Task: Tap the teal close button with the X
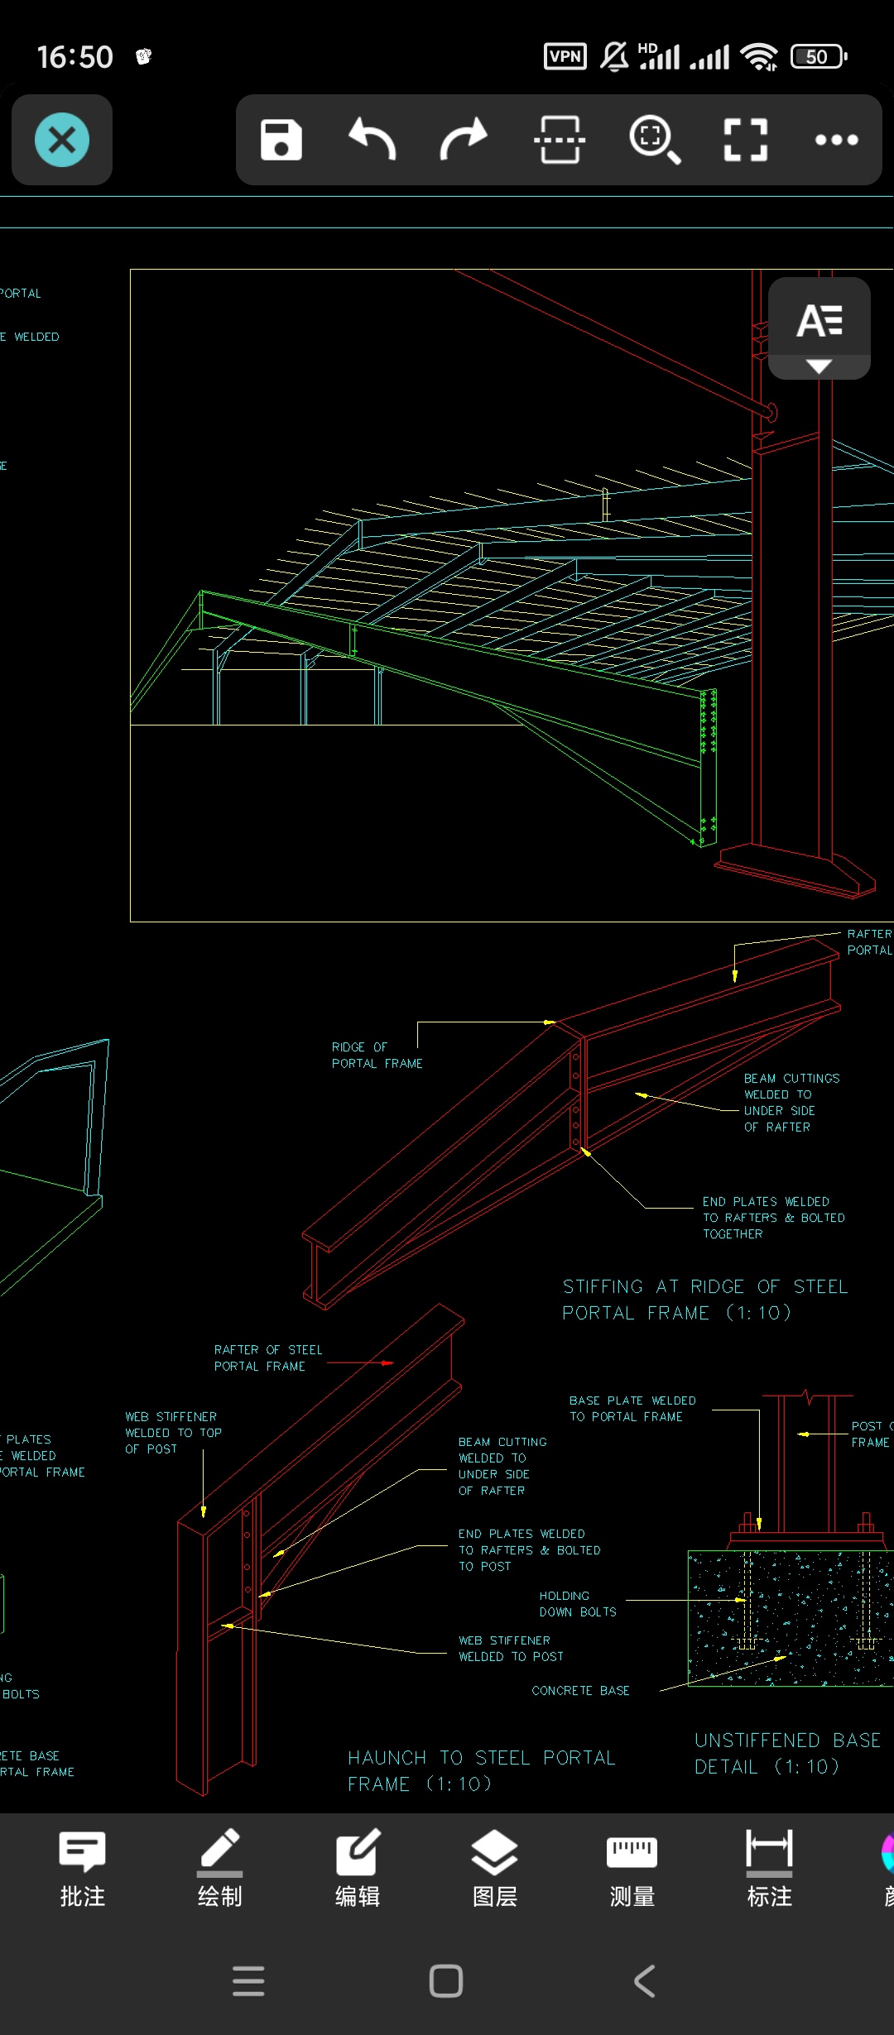62,140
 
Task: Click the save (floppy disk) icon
281,140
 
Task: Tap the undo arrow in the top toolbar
372,140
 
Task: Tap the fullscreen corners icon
745,140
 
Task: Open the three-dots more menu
836,140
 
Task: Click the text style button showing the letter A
819,322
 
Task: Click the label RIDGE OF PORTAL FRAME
377,1056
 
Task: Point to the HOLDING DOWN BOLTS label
577,1603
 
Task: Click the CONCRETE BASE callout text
580,1690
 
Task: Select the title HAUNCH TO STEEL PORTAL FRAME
481,1770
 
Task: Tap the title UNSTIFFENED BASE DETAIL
786,1753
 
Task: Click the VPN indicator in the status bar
565,56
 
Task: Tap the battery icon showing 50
819,56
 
